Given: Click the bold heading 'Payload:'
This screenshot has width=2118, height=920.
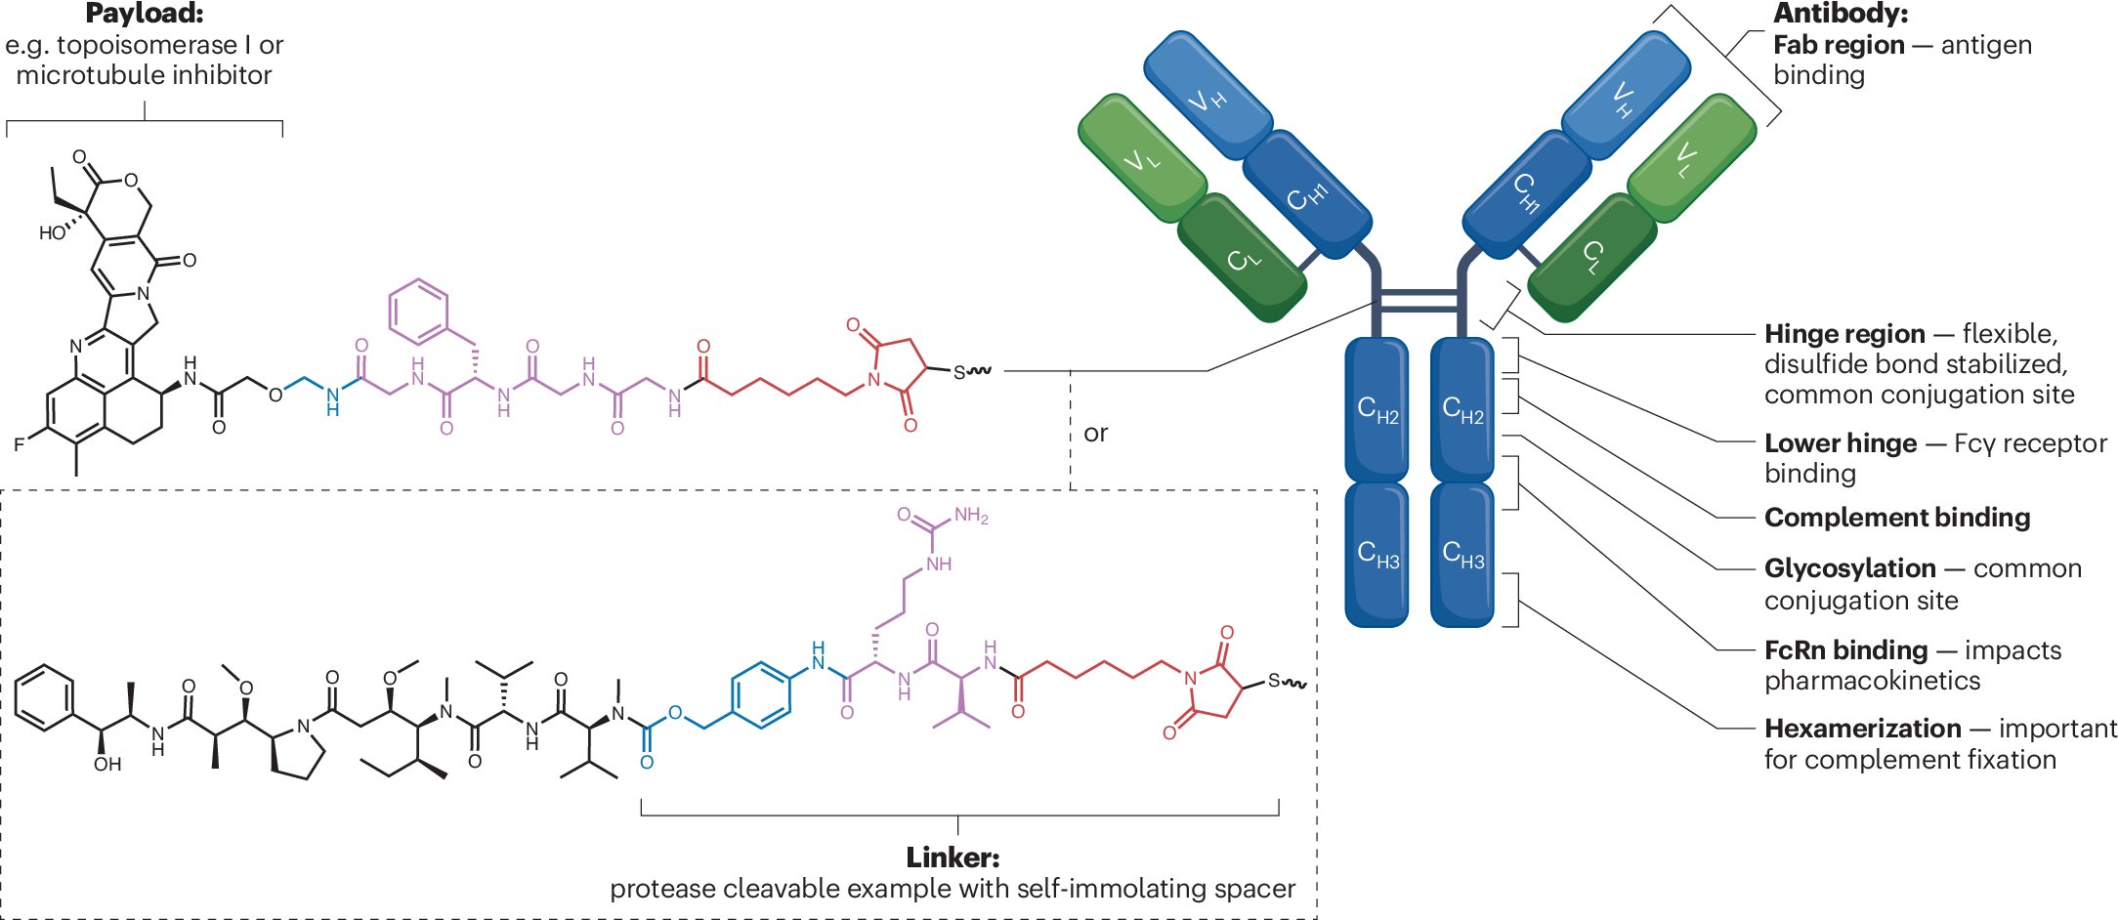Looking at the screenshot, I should (145, 14).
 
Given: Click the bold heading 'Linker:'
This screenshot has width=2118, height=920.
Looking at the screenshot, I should (953, 857).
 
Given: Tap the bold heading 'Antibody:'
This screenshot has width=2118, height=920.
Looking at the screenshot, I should (1841, 14).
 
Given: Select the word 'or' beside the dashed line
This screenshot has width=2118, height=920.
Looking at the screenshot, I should (1095, 433).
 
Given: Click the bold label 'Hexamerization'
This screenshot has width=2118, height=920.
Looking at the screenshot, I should (1862, 729).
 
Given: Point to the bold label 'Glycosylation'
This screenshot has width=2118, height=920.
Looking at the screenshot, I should (1849, 568).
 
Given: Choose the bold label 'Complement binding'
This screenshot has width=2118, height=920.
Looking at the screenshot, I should (1896, 518).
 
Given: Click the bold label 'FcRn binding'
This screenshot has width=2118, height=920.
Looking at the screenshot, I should (1845, 650).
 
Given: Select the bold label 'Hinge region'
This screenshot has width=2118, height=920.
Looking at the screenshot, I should (1843, 334).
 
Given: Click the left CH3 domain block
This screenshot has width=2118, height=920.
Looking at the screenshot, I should (1377, 554).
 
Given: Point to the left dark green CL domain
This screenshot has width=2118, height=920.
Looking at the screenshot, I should (1242, 258).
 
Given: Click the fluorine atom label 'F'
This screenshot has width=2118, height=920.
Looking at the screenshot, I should (19, 444).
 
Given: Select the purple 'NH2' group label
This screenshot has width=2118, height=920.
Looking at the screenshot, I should (971, 515).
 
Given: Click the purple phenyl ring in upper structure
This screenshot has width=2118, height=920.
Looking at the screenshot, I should (418, 312).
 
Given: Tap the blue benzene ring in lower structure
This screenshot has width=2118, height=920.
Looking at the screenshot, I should (761, 695).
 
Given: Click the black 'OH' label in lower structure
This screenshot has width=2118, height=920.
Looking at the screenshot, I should (107, 764).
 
